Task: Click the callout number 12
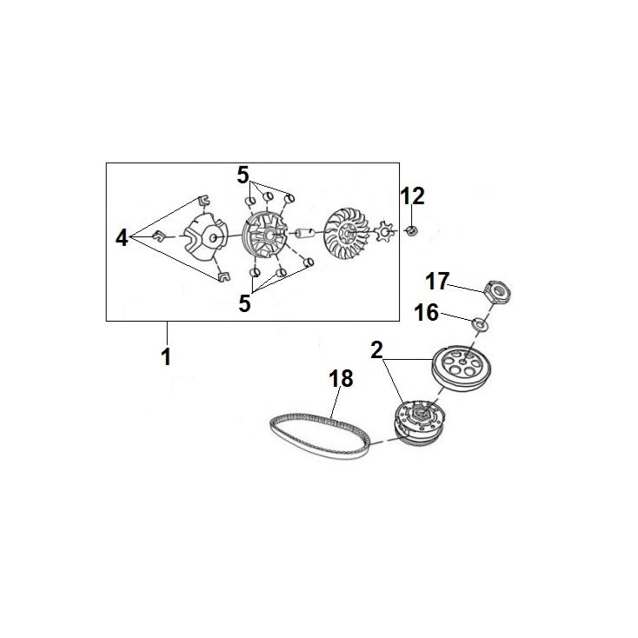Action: [x=413, y=196]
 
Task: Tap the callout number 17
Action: [x=437, y=282]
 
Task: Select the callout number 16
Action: [x=426, y=313]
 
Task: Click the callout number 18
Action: [x=341, y=379]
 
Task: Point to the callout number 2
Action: [x=376, y=350]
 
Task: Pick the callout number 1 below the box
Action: [x=166, y=357]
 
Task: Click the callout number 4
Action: [x=122, y=238]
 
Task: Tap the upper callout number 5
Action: [x=243, y=176]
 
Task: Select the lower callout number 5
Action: [x=244, y=303]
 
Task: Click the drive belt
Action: [x=320, y=436]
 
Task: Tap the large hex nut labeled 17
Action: [x=497, y=291]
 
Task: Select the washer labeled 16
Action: [x=479, y=325]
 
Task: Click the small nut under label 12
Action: [x=412, y=232]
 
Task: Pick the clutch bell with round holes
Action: [x=461, y=370]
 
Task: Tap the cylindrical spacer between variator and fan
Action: [x=305, y=233]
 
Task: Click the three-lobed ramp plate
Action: [x=204, y=236]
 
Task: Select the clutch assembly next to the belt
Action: [x=418, y=423]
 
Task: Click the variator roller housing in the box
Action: [x=265, y=236]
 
